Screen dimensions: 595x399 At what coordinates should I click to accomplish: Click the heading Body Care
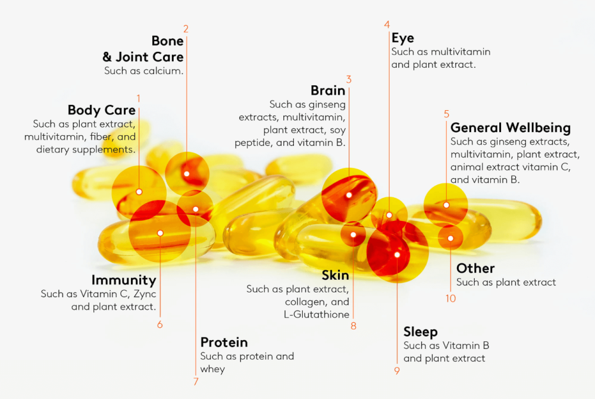click(x=101, y=110)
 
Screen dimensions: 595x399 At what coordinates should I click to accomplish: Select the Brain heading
click(x=328, y=91)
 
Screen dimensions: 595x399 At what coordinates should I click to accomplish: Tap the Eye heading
click(x=403, y=38)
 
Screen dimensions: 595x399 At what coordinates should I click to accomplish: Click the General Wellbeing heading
click(x=511, y=128)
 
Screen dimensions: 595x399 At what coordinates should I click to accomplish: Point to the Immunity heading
click(x=124, y=280)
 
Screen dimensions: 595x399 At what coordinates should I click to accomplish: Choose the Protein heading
click(x=224, y=342)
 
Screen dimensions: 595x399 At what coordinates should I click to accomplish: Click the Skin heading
click(x=336, y=275)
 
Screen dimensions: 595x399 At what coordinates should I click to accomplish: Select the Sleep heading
click(x=421, y=332)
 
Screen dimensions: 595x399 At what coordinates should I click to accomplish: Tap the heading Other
click(x=475, y=269)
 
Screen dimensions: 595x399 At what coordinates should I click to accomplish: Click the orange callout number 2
click(x=186, y=29)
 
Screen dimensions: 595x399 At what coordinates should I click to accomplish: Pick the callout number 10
click(x=451, y=298)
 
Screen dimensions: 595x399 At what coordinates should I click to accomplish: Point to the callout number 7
click(x=196, y=382)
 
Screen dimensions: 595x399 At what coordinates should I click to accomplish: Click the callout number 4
click(x=387, y=24)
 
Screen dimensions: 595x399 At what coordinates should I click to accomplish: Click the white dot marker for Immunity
click(x=160, y=233)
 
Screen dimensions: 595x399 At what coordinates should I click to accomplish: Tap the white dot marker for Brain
click(x=349, y=195)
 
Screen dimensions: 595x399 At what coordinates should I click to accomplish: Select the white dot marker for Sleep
click(x=397, y=255)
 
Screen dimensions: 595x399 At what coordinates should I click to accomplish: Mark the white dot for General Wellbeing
click(x=446, y=205)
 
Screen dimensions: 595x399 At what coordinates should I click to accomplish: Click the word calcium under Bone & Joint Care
click(x=164, y=71)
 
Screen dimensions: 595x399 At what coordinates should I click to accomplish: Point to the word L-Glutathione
click(x=317, y=314)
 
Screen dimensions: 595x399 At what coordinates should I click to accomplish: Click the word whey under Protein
click(x=212, y=369)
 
